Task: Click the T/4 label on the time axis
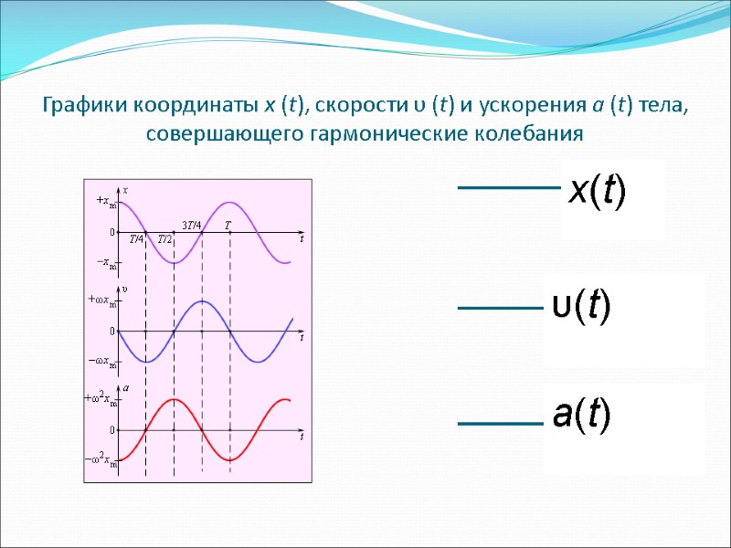pyautogui.click(x=135, y=239)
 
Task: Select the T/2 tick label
pyautogui.click(x=164, y=239)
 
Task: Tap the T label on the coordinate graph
pyautogui.click(x=228, y=225)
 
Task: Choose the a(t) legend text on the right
pyautogui.click(x=581, y=416)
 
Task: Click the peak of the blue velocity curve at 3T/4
pyautogui.click(x=202, y=300)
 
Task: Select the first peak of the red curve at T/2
pyautogui.click(x=173, y=399)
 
